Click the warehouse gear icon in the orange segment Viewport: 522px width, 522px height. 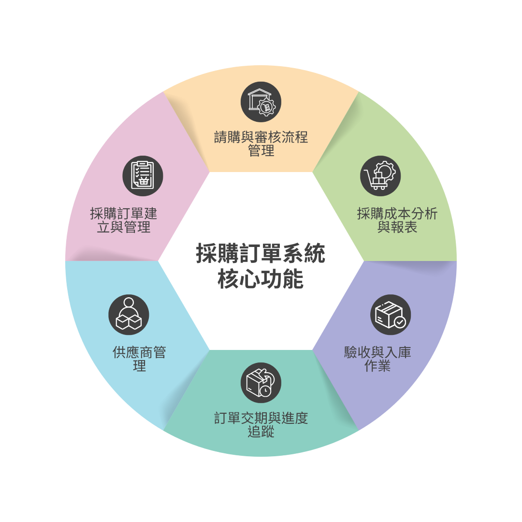click(x=261, y=102)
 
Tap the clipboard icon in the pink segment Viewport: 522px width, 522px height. click(x=143, y=176)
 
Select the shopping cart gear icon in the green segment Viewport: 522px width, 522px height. click(x=380, y=176)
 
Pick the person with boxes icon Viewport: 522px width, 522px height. click(x=129, y=315)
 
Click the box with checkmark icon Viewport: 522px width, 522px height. click(x=391, y=315)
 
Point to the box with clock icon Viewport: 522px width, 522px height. click(x=261, y=383)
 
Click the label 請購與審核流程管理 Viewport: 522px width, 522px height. click(x=261, y=144)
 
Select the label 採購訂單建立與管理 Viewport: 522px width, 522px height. click(x=124, y=220)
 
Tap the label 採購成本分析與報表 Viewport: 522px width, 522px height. click(x=397, y=220)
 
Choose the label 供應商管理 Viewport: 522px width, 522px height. click(x=139, y=359)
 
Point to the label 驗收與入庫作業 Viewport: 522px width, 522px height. click(x=377, y=359)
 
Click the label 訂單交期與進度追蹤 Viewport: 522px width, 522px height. click(x=261, y=424)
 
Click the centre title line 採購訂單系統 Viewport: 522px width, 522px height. click(x=261, y=253)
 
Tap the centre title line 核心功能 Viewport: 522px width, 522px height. click(x=261, y=279)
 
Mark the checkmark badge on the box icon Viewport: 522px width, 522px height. click(x=400, y=322)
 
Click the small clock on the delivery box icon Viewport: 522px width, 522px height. click(x=265, y=391)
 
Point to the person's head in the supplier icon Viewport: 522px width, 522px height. click(x=129, y=302)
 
